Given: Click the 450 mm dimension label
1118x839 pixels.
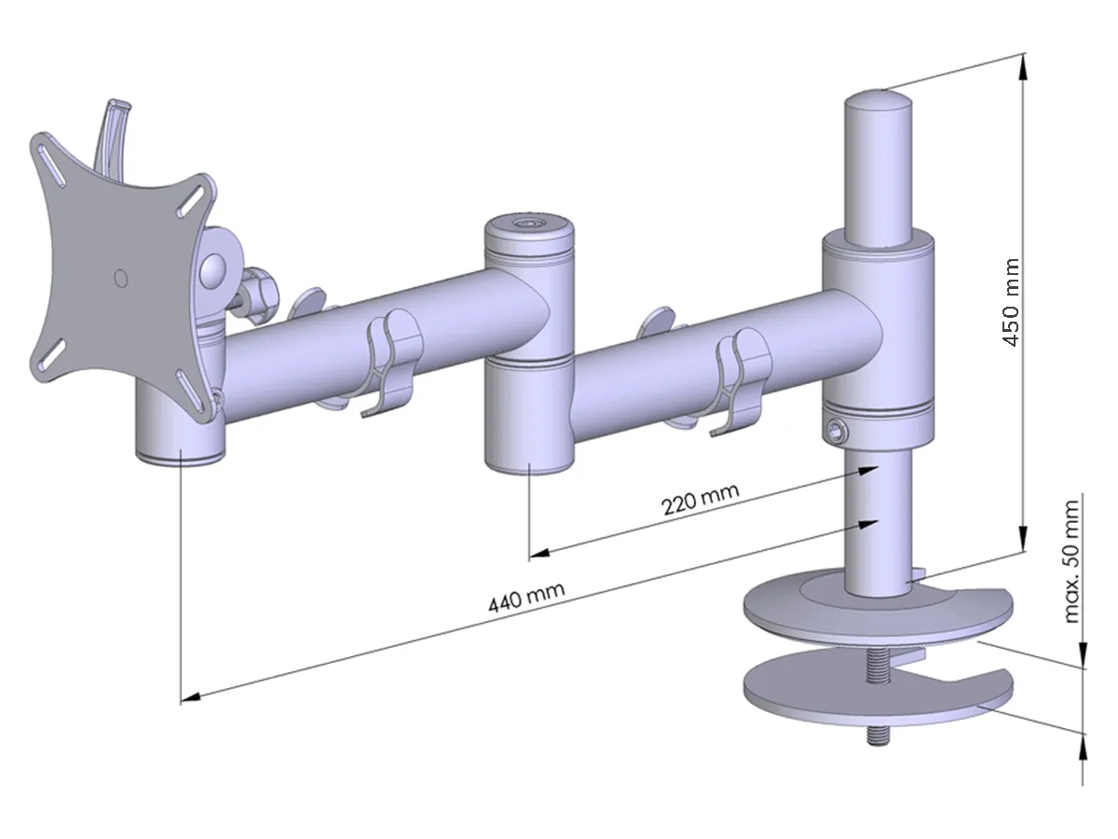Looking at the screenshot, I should [1011, 303].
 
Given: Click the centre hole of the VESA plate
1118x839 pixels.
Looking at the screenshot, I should [118, 278].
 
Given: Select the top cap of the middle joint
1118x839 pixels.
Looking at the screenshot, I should [528, 226].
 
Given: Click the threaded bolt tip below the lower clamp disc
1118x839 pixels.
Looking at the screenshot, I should [878, 736].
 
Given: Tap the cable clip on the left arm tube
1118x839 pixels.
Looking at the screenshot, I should [389, 364].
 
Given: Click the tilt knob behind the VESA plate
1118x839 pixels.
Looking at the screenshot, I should [260, 292].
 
